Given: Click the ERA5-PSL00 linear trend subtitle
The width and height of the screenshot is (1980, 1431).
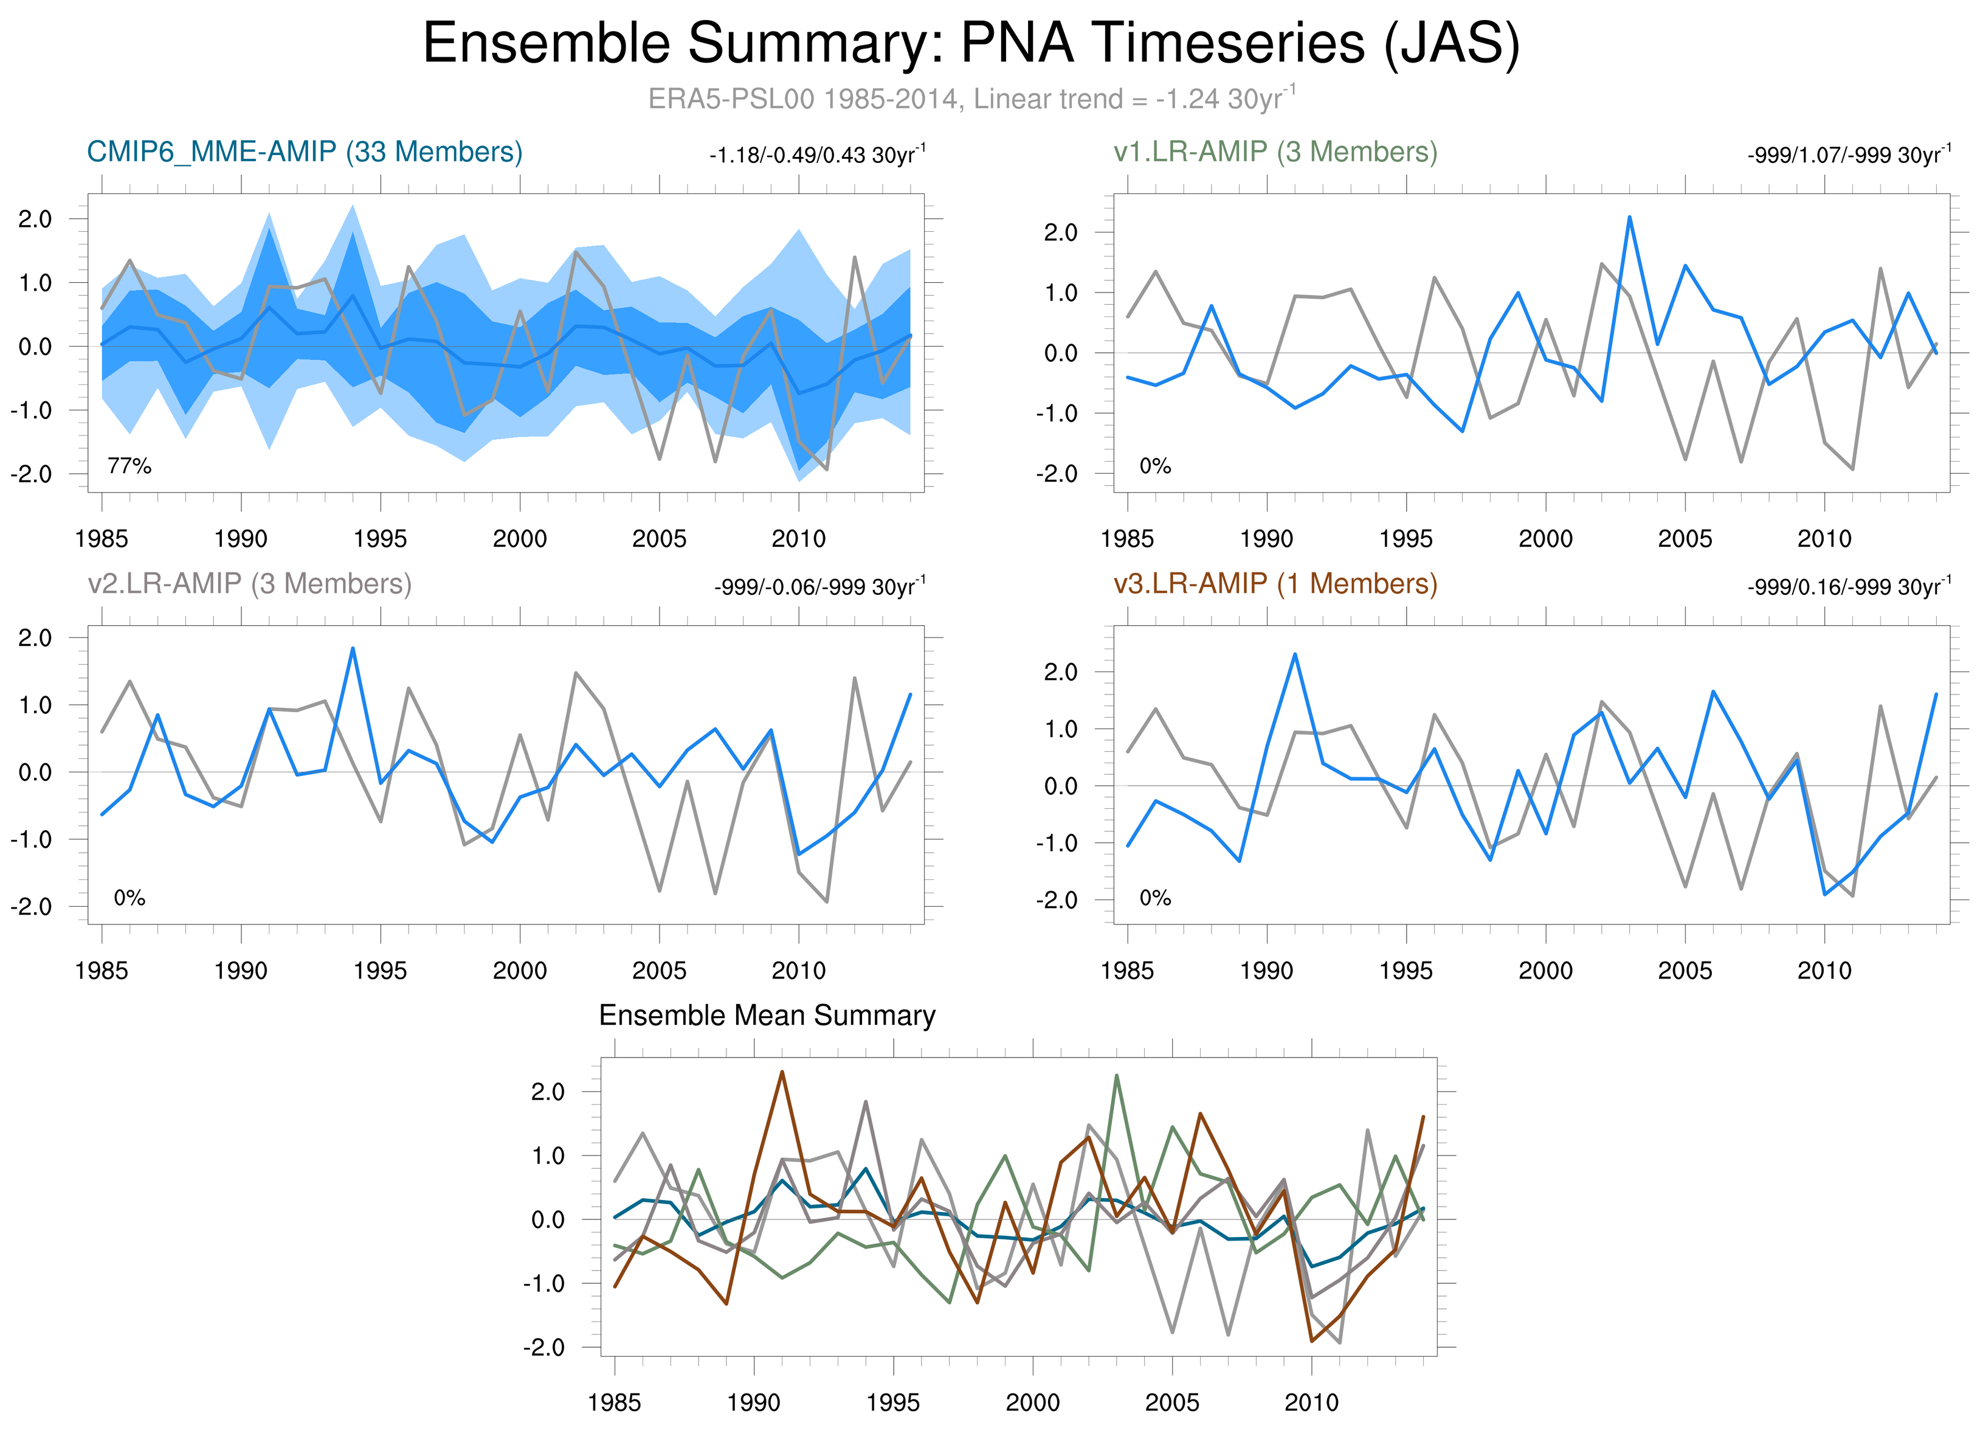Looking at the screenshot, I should point(971,99).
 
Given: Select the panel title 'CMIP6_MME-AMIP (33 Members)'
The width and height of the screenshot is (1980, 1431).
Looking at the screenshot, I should point(305,152).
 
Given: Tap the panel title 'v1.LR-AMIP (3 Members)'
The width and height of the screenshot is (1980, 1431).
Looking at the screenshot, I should point(1275,152).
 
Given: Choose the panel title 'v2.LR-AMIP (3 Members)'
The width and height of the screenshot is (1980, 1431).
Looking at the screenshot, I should point(250,583).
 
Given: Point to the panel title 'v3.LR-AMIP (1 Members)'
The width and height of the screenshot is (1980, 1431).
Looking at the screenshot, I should point(1275,583).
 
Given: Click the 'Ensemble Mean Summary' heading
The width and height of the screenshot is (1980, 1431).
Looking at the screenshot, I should point(767,1016).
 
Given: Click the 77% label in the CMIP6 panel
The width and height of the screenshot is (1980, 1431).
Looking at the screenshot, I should point(129,466).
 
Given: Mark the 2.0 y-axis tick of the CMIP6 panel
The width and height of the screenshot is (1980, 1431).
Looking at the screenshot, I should point(35,219).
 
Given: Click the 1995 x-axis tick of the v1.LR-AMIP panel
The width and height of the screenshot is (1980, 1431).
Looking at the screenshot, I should point(1406,539).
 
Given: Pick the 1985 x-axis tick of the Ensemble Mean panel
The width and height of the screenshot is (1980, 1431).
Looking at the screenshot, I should point(615,1402).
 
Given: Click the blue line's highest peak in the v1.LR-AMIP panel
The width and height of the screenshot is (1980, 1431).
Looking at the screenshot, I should point(1629,217).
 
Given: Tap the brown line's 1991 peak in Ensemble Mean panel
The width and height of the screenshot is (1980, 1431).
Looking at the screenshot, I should point(781,1072).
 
